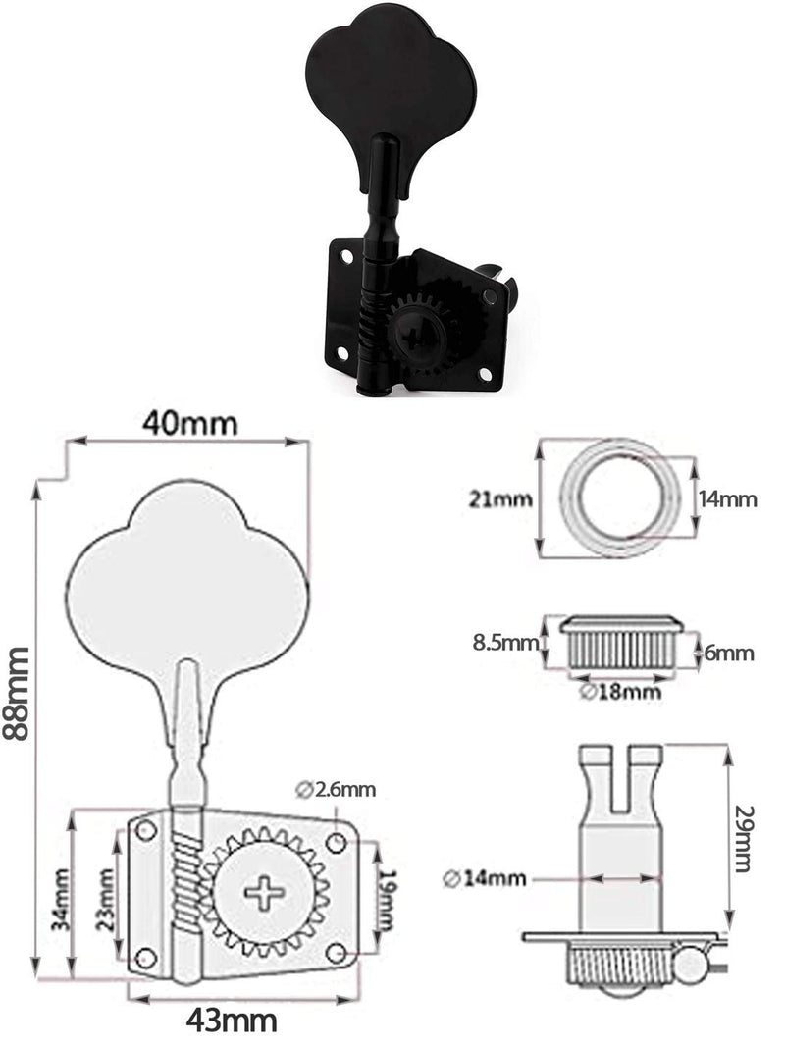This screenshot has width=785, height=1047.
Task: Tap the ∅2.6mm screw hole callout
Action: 335,789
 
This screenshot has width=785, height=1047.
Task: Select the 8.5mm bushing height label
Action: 505,643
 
